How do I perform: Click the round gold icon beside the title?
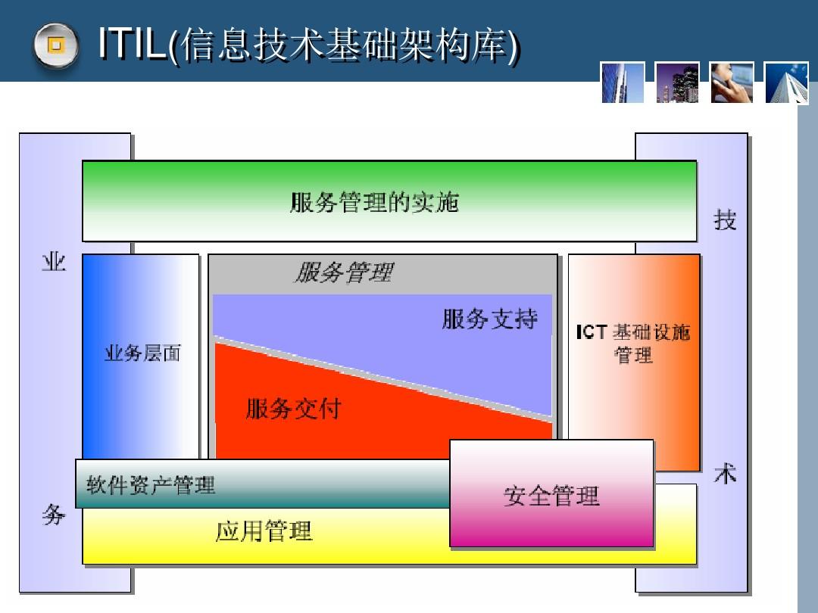click(x=56, y=45)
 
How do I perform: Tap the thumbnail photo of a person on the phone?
click(x=732, y=83)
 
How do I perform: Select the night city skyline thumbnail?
click(x=677, y=83)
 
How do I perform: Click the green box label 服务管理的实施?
click(x=375, y=202)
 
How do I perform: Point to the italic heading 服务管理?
click(x=345, y=272)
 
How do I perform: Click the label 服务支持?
click(x=489, y=319)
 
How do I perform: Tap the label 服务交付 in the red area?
click(x=294, y=409)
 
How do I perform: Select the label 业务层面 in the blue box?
click(x=142, y=353)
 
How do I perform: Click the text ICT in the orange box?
click(x=592, y=332)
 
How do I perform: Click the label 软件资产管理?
click(x=151, y=485)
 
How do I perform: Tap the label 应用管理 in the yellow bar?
click(x=264, y=532)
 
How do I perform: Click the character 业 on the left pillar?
click(x=54, y=262)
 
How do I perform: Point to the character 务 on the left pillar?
click(x=54, y=515)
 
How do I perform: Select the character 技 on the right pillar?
click(x=725, y=219)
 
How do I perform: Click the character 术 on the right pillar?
click(x=725, y=473)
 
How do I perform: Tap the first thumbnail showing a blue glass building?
click(x=623, y=83)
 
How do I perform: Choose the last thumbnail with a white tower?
click(x=787, y=83)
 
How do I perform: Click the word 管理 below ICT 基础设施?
click(x=633, y=356)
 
